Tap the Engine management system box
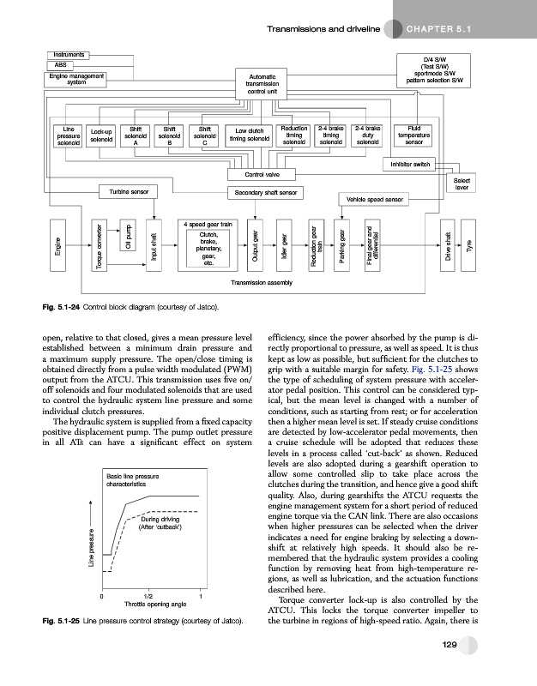(x=81, y=80)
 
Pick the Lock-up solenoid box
(x=102, y=135)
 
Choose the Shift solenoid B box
(x=169, y=135)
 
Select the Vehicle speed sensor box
(x=374, y=199)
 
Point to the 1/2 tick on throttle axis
(x=150, y=596)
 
